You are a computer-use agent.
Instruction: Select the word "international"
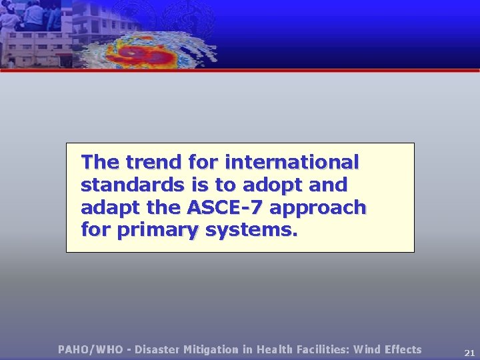point(292,162)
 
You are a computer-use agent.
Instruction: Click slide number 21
point(469,353)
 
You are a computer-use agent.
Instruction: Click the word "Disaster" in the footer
point(157,349)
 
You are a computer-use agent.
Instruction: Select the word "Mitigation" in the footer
point(213,349)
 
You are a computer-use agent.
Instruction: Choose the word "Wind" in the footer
point(367,349)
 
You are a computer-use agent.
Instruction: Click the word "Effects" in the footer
point(403,349)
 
